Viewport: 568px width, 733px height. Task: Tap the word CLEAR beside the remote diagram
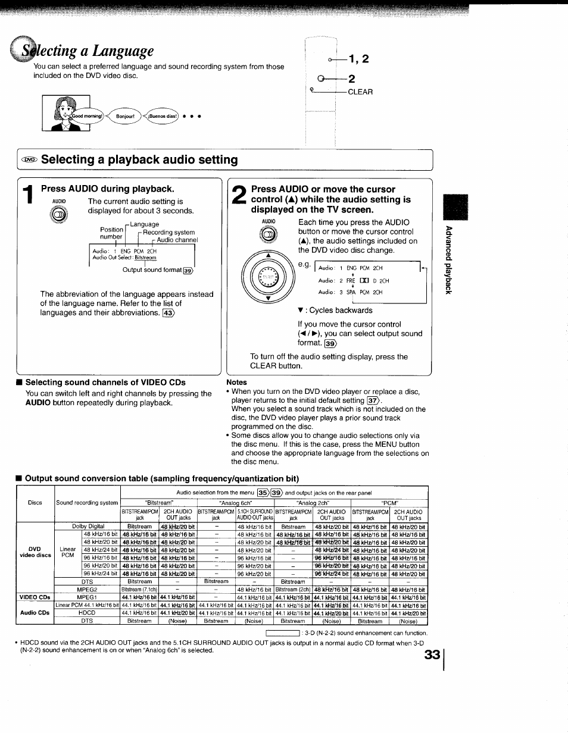click(x=360, y=92)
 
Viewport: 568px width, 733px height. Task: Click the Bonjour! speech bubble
click(x=125, y=116)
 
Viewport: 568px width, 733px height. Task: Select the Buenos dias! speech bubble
click(x=163, y=116)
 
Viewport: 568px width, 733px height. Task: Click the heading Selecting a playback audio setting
click(x=139, y=159)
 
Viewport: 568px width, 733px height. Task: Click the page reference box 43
click(x=169, y=313)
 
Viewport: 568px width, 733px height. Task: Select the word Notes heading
click(x=236, y=382)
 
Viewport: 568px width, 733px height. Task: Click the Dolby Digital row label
click(x=88, y=527)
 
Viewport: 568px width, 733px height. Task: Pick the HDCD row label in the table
click(x=87, y=613)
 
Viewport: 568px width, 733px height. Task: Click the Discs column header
click(x=35, y=503)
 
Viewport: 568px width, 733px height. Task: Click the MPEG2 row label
click(x=87, y=590)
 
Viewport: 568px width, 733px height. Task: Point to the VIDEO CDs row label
click(x=35, y=597)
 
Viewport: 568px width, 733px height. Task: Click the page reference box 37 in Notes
click(x=373, y=400)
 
